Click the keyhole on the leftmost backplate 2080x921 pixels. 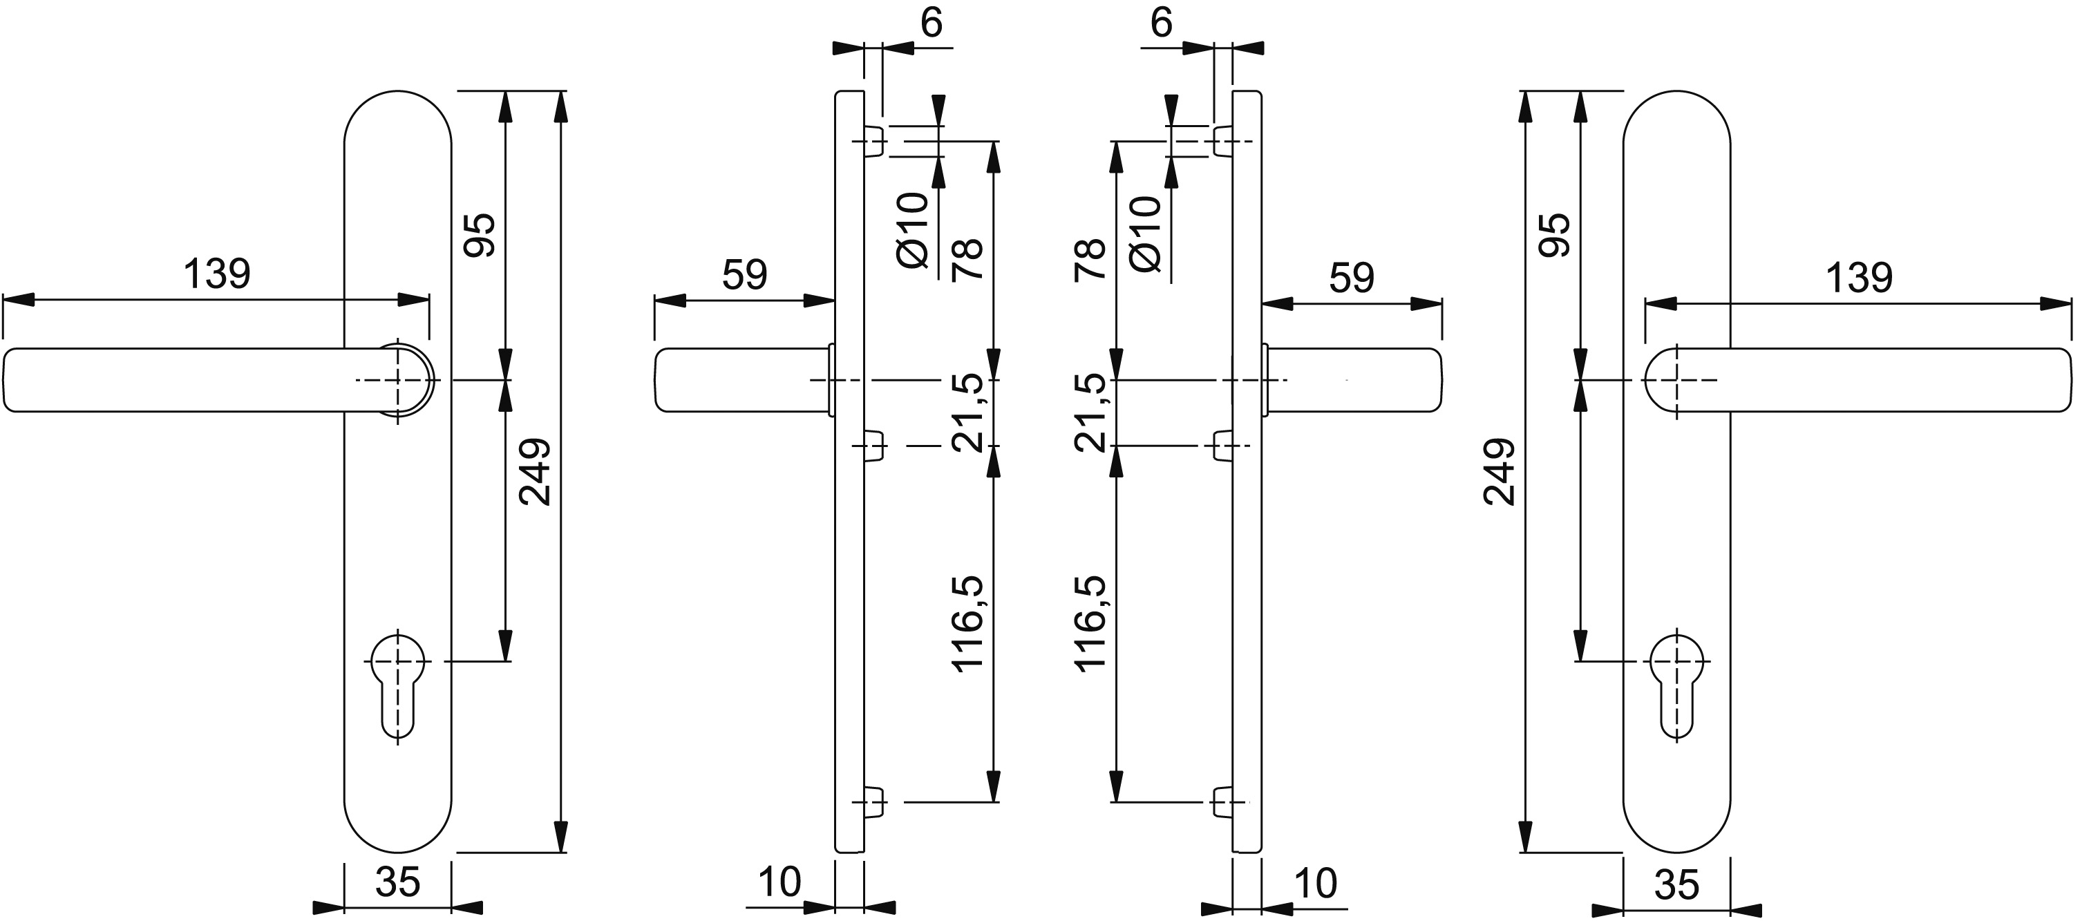[397, 687]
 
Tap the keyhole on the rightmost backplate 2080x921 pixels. [1677, 687]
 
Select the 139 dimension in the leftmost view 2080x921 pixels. [217, 274]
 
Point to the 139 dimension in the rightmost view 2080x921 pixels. [1859, 278]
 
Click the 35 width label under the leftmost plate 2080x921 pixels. [398, 882]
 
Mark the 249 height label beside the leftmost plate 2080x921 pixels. [535, 472]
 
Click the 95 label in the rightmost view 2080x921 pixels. [1554, 235]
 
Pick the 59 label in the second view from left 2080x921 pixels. [744, 275]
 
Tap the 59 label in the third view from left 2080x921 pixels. [1352, 278]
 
